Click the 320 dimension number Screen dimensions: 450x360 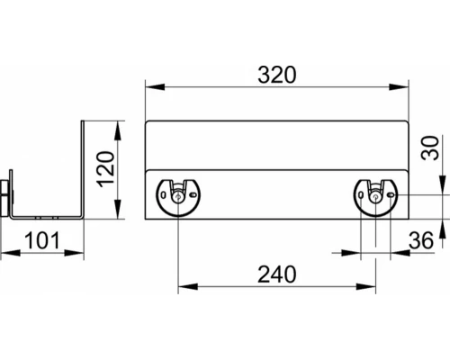[277, 75]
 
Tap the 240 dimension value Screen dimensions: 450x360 [277, 274]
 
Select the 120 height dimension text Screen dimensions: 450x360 [107, 169]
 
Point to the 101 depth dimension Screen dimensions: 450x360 [42, 240]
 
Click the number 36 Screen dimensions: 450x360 [421, 240]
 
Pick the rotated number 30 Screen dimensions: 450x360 [429, 148]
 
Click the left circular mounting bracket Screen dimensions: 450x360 [178, 197]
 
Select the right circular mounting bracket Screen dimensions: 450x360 [375, 197]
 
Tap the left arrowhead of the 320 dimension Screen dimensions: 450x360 [155, 87]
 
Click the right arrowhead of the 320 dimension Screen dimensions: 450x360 [399, 87]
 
